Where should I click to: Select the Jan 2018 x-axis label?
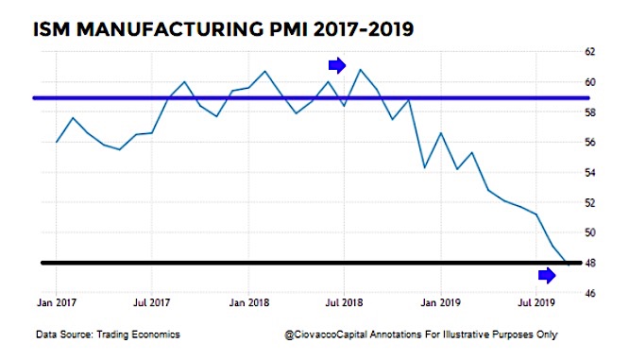[248, 303]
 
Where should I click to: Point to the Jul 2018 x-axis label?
[344, 303]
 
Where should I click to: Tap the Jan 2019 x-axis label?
[441, 303]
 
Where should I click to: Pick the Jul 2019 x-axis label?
[537, 303]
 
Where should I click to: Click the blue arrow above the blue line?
[337, 65]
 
